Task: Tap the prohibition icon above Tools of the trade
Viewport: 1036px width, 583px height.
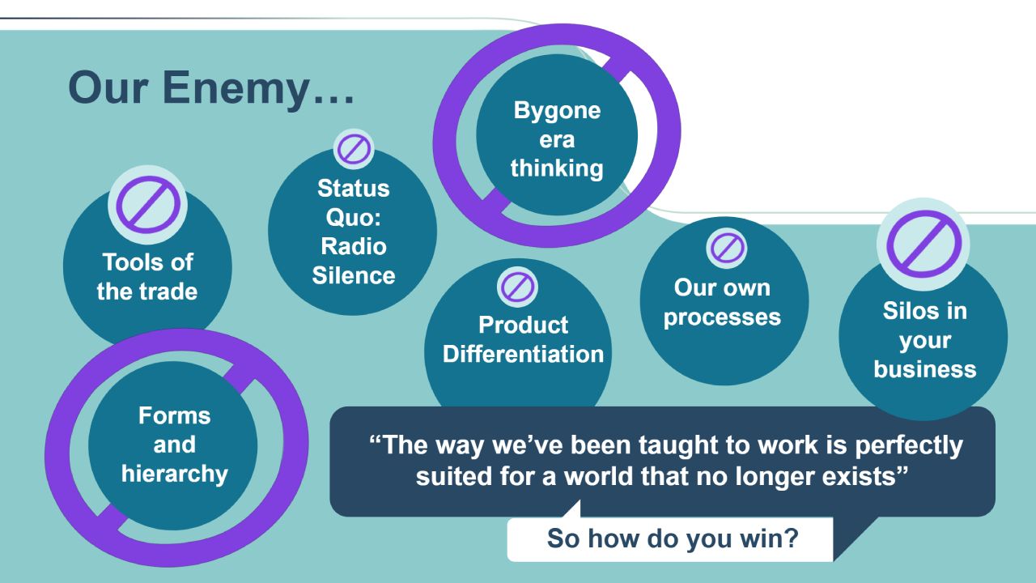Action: [147, 205]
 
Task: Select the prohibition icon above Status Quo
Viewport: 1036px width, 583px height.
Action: [354, 149]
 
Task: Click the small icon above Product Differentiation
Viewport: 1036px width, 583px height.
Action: [517, 287]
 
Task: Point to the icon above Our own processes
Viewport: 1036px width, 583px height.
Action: [727, 248]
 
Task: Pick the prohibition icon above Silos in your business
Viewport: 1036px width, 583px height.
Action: [923, 244]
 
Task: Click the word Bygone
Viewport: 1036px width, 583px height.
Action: [558, 112]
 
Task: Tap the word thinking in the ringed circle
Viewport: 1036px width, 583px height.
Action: [558, 168]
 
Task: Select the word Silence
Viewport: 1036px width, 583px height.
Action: [354, 275]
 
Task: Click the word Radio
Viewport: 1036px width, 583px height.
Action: [354, 246]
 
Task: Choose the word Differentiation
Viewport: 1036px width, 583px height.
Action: [523, 354]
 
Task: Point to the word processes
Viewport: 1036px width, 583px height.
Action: [722, 318]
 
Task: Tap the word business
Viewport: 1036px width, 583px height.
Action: [925, 369]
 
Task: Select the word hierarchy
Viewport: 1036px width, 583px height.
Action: [175, 474]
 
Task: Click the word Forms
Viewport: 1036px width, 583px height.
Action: [175, 415]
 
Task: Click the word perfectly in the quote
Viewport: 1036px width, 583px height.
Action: [909, 446]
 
